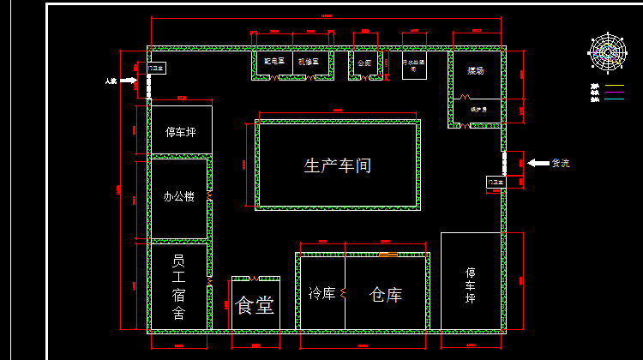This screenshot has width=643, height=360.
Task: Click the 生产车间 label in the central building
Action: [338, 165]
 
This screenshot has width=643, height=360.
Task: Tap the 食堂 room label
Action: [255, 305]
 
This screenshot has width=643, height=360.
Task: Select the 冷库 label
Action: [321, 294]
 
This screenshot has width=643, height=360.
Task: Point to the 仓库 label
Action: [386, 295]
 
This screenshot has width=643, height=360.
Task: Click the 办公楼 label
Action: [179, 196]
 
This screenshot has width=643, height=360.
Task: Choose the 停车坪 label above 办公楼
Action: [181, 132]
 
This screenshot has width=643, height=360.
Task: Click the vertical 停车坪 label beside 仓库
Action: [471, 285]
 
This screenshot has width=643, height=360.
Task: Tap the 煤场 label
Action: [475, 70]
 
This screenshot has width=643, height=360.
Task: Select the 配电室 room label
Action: [273, 62]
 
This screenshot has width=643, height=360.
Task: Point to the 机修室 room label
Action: [307, 62]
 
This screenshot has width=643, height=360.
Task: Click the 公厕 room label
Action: [364, 63]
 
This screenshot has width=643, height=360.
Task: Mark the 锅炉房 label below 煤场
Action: [478, 110]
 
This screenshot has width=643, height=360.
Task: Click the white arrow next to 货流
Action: [538, 163]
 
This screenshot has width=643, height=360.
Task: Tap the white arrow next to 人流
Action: [129, 81]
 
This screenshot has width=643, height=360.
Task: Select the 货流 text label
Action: [560, 163]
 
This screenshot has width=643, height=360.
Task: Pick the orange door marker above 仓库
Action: [388, 255]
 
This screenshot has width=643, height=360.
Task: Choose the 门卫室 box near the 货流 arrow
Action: [496, 182]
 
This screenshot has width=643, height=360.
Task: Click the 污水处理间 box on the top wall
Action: [415, 65]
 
